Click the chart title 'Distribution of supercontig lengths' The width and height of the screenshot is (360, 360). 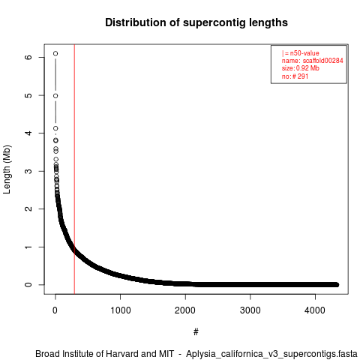196,22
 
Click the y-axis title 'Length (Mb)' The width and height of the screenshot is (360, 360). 7,169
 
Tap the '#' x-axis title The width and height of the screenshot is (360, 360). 196,331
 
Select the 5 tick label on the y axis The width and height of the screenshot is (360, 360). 28,95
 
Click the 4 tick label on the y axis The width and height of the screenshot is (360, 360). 28,133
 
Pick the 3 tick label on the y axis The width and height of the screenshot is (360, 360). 28,171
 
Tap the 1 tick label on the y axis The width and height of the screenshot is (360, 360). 28,247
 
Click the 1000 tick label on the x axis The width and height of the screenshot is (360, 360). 121,310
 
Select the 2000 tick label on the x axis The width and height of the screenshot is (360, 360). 185,310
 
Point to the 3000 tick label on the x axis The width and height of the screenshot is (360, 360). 250,310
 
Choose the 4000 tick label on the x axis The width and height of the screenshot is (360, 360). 315,310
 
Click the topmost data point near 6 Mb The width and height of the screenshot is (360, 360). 55,53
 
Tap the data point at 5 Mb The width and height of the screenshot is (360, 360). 55,96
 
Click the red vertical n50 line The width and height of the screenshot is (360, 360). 74,169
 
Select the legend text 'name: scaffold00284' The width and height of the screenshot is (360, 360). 313,61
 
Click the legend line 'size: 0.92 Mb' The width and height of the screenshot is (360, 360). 301,68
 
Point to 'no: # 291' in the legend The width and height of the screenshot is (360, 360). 295,76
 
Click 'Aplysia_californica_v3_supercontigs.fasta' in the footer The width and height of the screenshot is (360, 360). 271,354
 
